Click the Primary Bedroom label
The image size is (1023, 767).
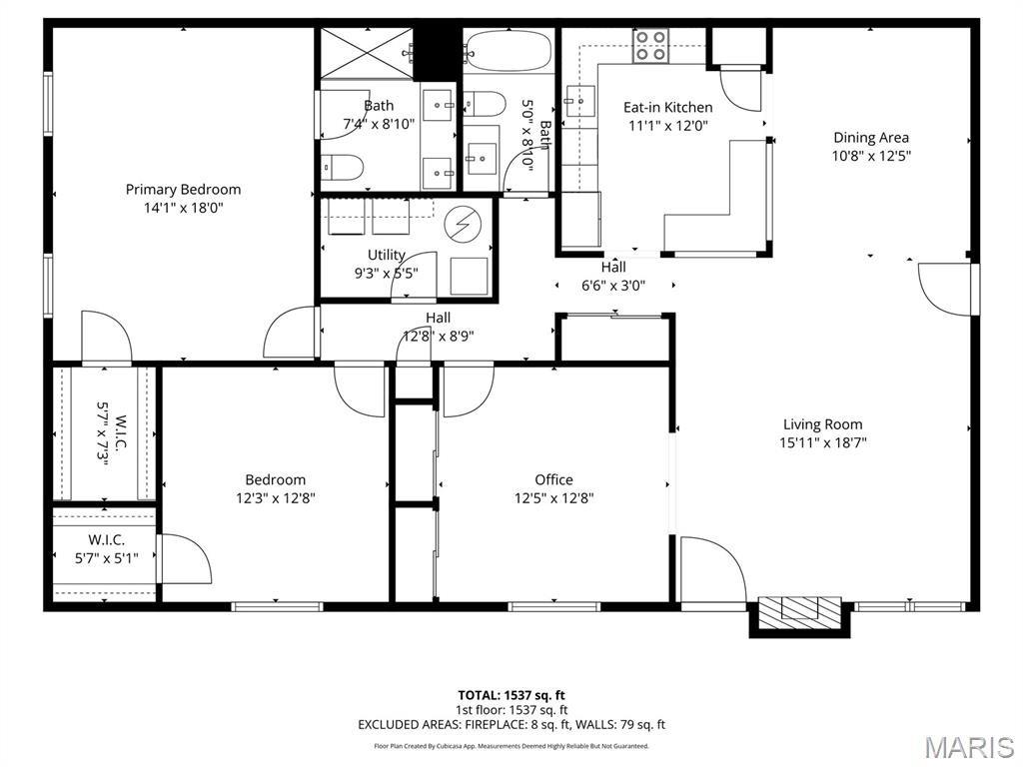183,189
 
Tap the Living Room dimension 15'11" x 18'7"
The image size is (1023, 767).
822,442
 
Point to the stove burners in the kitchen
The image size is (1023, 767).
651,46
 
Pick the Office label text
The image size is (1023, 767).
553,479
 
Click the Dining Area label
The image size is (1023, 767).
871,138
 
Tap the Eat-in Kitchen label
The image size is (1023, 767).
668,107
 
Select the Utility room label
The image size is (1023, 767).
387,255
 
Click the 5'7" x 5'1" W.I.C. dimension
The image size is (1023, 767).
106,558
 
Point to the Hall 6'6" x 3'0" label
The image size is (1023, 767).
613,276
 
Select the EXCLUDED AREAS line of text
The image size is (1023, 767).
511,725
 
